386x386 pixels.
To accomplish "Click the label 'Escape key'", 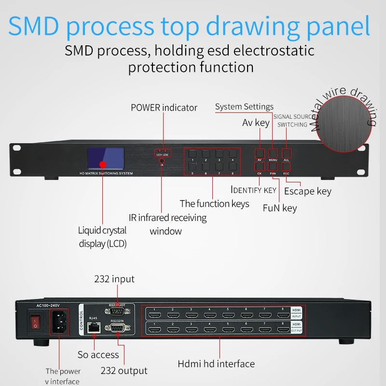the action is pyautogui.click(x=307, y=192).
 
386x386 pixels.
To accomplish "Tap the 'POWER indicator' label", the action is pyautogui.click(x=164, y=108).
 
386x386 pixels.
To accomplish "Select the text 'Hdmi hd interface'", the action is pyautogui.click(x=216, y=363).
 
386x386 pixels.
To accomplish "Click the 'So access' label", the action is pyautogui.click(x=98, y=355).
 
